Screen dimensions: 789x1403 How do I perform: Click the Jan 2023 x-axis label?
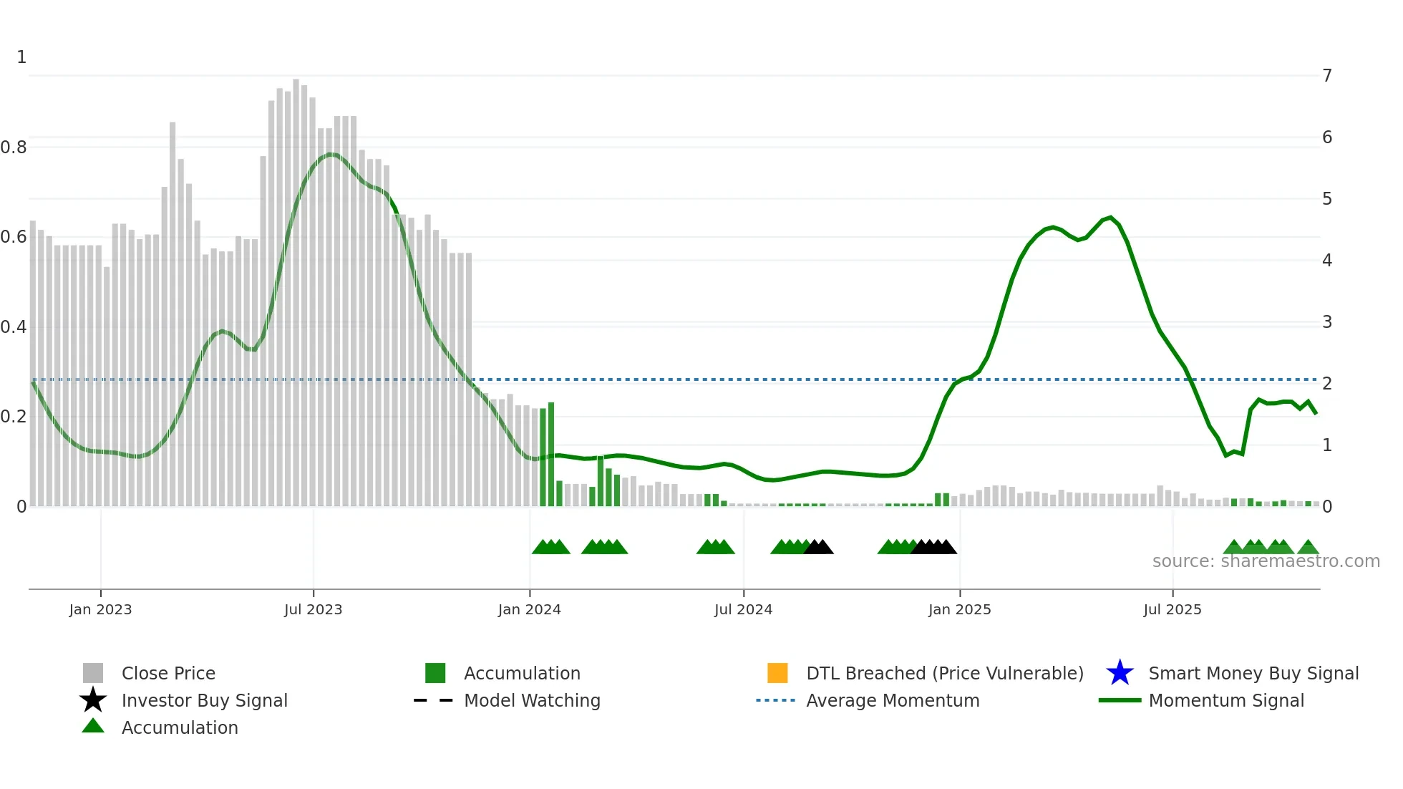(x=100, y=609)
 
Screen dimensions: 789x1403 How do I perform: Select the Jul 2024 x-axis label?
(x=743, y=609)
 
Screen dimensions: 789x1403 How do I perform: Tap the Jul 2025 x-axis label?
(x=1172, y=609)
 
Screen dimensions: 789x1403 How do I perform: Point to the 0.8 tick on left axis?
(x=14, y=147)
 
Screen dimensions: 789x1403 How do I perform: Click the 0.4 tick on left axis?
(x=14, y=327)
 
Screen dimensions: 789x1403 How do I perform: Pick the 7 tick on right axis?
(x=1326, y=76)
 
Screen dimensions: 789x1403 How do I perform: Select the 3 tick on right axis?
(x=1326, y=322)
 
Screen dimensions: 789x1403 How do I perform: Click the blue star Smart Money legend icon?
(x=1120, y=673)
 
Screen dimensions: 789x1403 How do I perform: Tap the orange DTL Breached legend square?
(x=777, y=673)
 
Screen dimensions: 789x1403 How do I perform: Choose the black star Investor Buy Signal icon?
(x=93, y=700)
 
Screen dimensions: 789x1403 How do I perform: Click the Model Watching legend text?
(x=532, y=700)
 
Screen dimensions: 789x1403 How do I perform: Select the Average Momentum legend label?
(x=893, y=700)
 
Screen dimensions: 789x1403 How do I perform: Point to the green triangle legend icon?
(x=93, y=726)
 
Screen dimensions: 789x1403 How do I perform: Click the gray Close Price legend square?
(x=93, y=673)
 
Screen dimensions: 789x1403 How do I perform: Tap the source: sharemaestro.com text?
(x=1266, y=561)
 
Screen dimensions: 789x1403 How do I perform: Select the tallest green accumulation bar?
(x=551, y=455)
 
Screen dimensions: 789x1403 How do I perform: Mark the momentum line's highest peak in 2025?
(x=1110, y=217)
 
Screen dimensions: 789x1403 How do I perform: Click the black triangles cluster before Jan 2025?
(x=933, y=547)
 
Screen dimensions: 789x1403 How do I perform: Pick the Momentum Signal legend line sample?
(x=1120, y=700)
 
